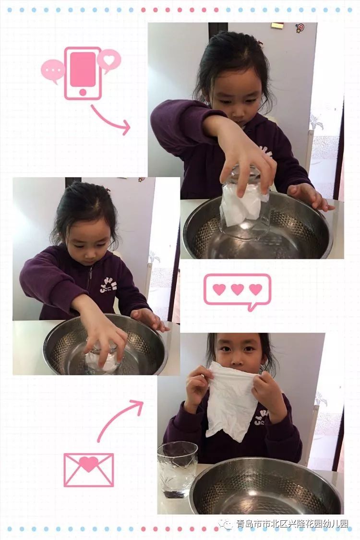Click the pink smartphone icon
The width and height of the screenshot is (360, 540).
point(83,73)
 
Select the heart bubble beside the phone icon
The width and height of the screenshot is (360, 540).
point(109,60)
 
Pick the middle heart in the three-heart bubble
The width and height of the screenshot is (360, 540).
point(237,289)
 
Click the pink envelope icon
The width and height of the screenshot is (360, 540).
point(89,470)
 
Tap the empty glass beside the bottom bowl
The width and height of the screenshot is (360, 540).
point(178,470)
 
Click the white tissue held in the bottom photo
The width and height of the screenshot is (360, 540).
point(231,401)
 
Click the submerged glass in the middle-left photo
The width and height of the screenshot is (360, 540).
point(101,358)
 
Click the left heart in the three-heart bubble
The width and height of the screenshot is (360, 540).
point(219,289)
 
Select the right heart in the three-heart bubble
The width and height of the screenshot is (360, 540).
point(256,289)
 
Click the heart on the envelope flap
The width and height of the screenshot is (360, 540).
point(89,464)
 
